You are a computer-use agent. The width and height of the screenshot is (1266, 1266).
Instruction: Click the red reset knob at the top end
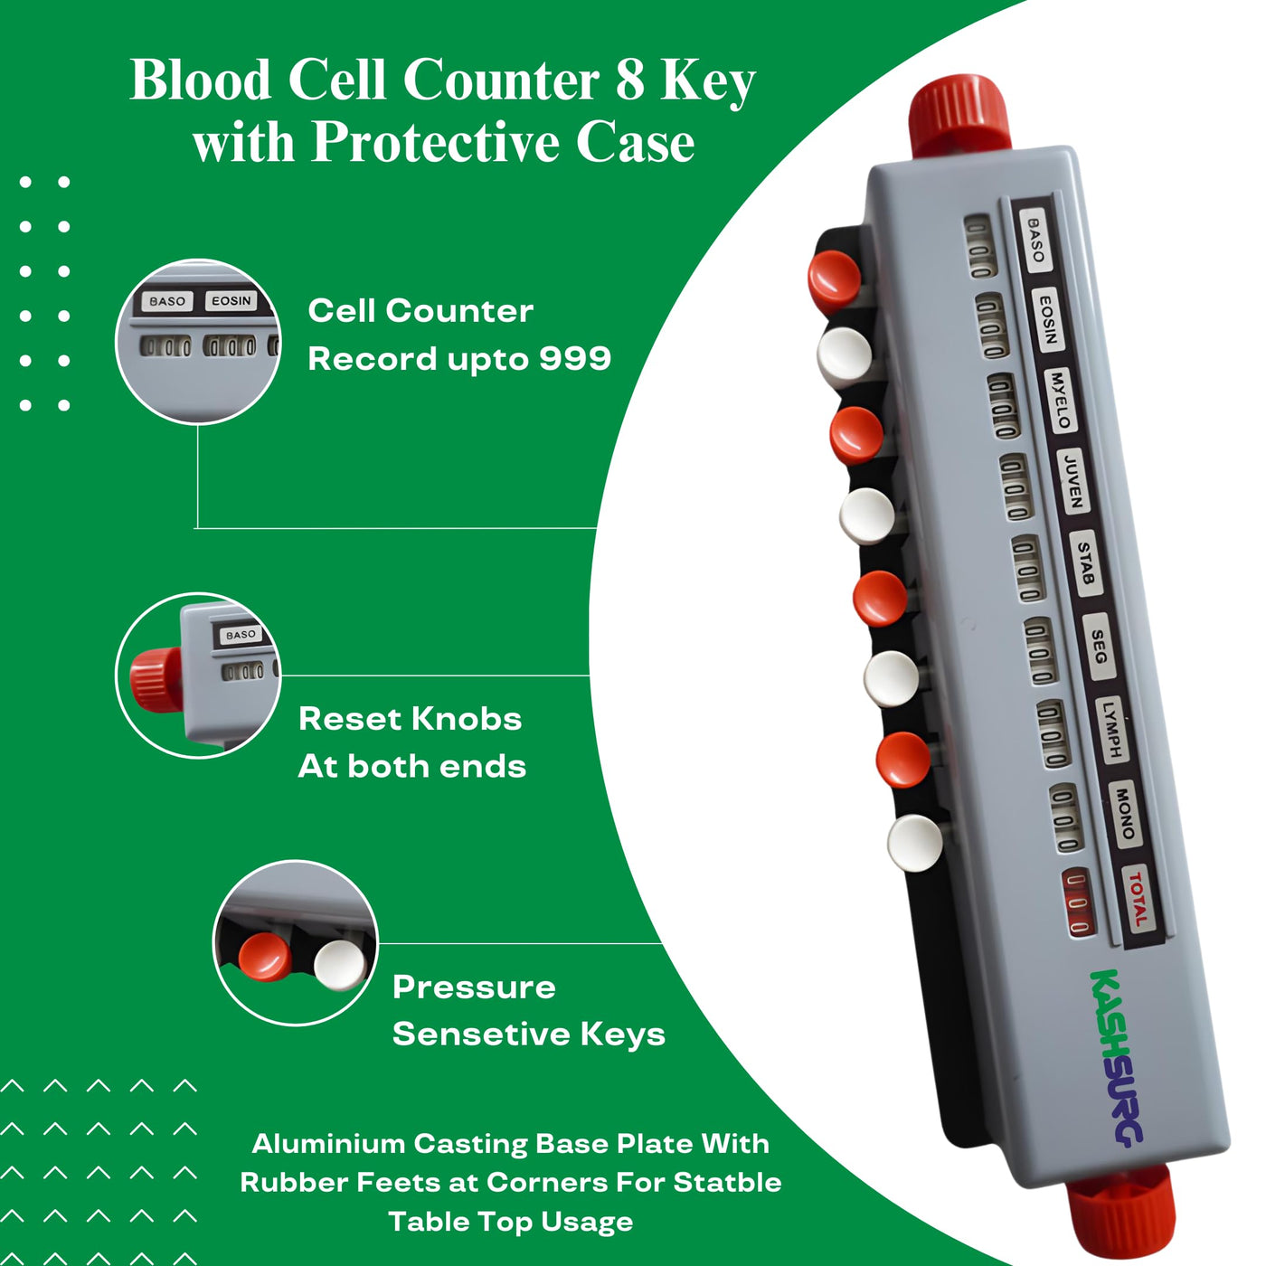[x=959, y=117]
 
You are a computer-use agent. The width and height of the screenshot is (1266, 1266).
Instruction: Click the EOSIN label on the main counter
[x=1048, y=319]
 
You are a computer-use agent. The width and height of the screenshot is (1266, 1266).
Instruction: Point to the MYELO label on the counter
[x=1061, y=400]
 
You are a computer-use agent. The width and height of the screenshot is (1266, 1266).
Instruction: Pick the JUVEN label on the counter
[x=1072, y=482]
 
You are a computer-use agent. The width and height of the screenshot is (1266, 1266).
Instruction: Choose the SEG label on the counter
[x=1099, y=647]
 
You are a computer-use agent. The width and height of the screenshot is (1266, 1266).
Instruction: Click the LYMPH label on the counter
[x=1111, y=729]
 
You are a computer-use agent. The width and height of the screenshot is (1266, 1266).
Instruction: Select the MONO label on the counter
[x=1125, y=813]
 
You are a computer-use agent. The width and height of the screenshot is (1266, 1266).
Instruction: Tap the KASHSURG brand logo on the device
[x=1117, y=1058]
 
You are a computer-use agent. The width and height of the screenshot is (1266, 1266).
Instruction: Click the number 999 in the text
[x=575, y=359]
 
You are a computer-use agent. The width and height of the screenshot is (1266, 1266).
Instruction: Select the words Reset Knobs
[x=410, y=719]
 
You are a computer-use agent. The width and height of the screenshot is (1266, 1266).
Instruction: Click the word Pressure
[x=474, y=987]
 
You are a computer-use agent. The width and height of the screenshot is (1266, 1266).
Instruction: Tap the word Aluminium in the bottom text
[x=328, y=1144]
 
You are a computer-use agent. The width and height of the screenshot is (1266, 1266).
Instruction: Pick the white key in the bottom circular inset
[x=340, y=965]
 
